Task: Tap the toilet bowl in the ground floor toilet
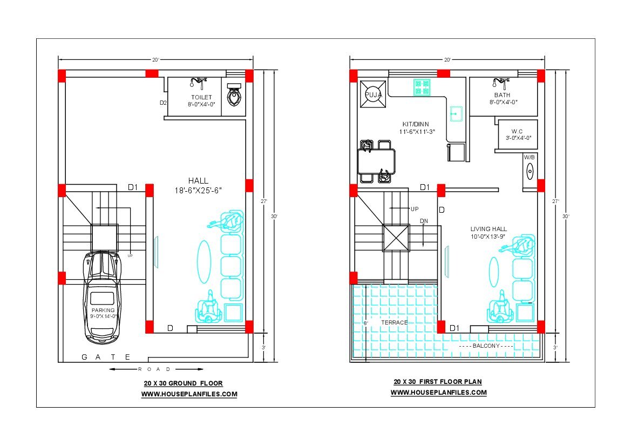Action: coord(234,94)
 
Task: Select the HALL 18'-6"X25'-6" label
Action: coord(199,186)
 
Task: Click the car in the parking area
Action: coord(102,298)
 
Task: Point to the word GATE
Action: coord(106,357)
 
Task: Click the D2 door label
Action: coord(163,103)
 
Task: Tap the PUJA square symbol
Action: coord(373,94)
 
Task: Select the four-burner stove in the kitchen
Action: coord(422,87)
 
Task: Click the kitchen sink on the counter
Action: coord(456,114)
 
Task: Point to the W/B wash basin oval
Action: coord(530,172)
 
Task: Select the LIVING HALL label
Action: coord(488,228)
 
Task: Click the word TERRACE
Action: coord(395,322)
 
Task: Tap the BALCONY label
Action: coord(486,346)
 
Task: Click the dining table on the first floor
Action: coord(376,161)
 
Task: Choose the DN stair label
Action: coord(424,221)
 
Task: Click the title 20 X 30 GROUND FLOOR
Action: coord(184,383)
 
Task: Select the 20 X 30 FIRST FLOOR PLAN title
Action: coord(438,382)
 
